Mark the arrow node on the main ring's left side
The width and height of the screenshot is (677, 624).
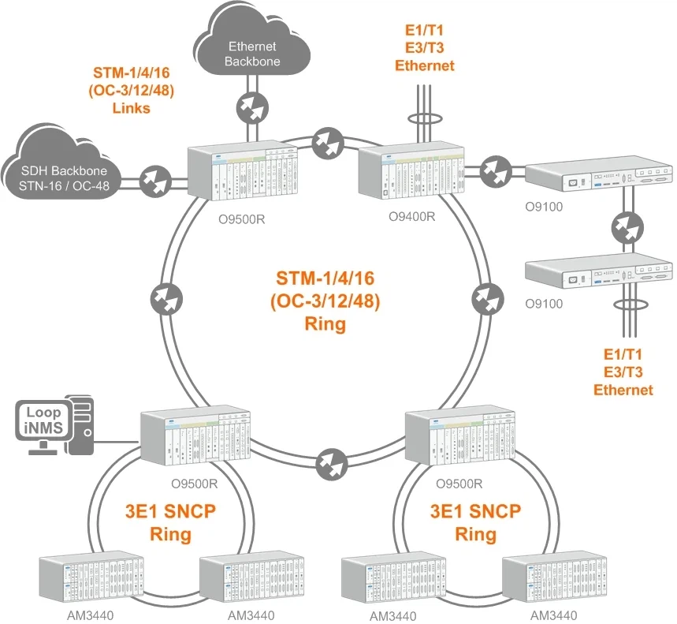pos(164,301)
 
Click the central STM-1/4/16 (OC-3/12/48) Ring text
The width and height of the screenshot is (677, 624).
pos(328,301)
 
